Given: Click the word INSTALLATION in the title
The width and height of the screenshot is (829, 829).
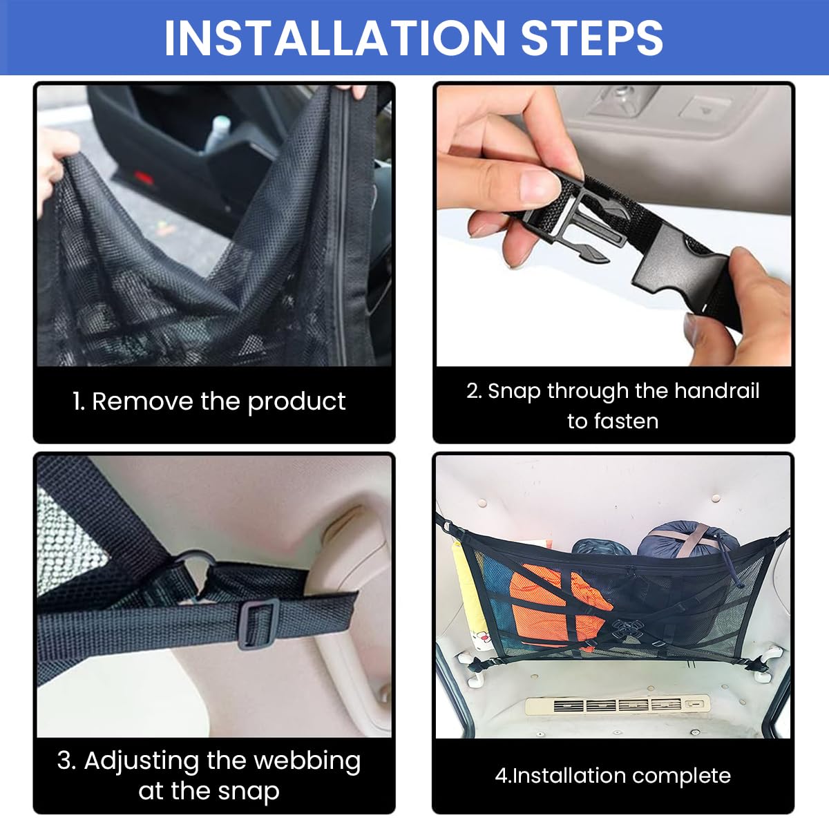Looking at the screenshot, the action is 334,38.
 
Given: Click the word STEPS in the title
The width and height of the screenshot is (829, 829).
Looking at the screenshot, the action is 591,38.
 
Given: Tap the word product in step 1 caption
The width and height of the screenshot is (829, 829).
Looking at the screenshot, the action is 296,402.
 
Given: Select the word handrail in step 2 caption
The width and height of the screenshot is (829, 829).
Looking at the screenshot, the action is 716,391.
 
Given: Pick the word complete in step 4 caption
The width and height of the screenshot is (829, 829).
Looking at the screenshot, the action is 681,776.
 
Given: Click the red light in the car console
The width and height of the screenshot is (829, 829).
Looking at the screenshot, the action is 143,176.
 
